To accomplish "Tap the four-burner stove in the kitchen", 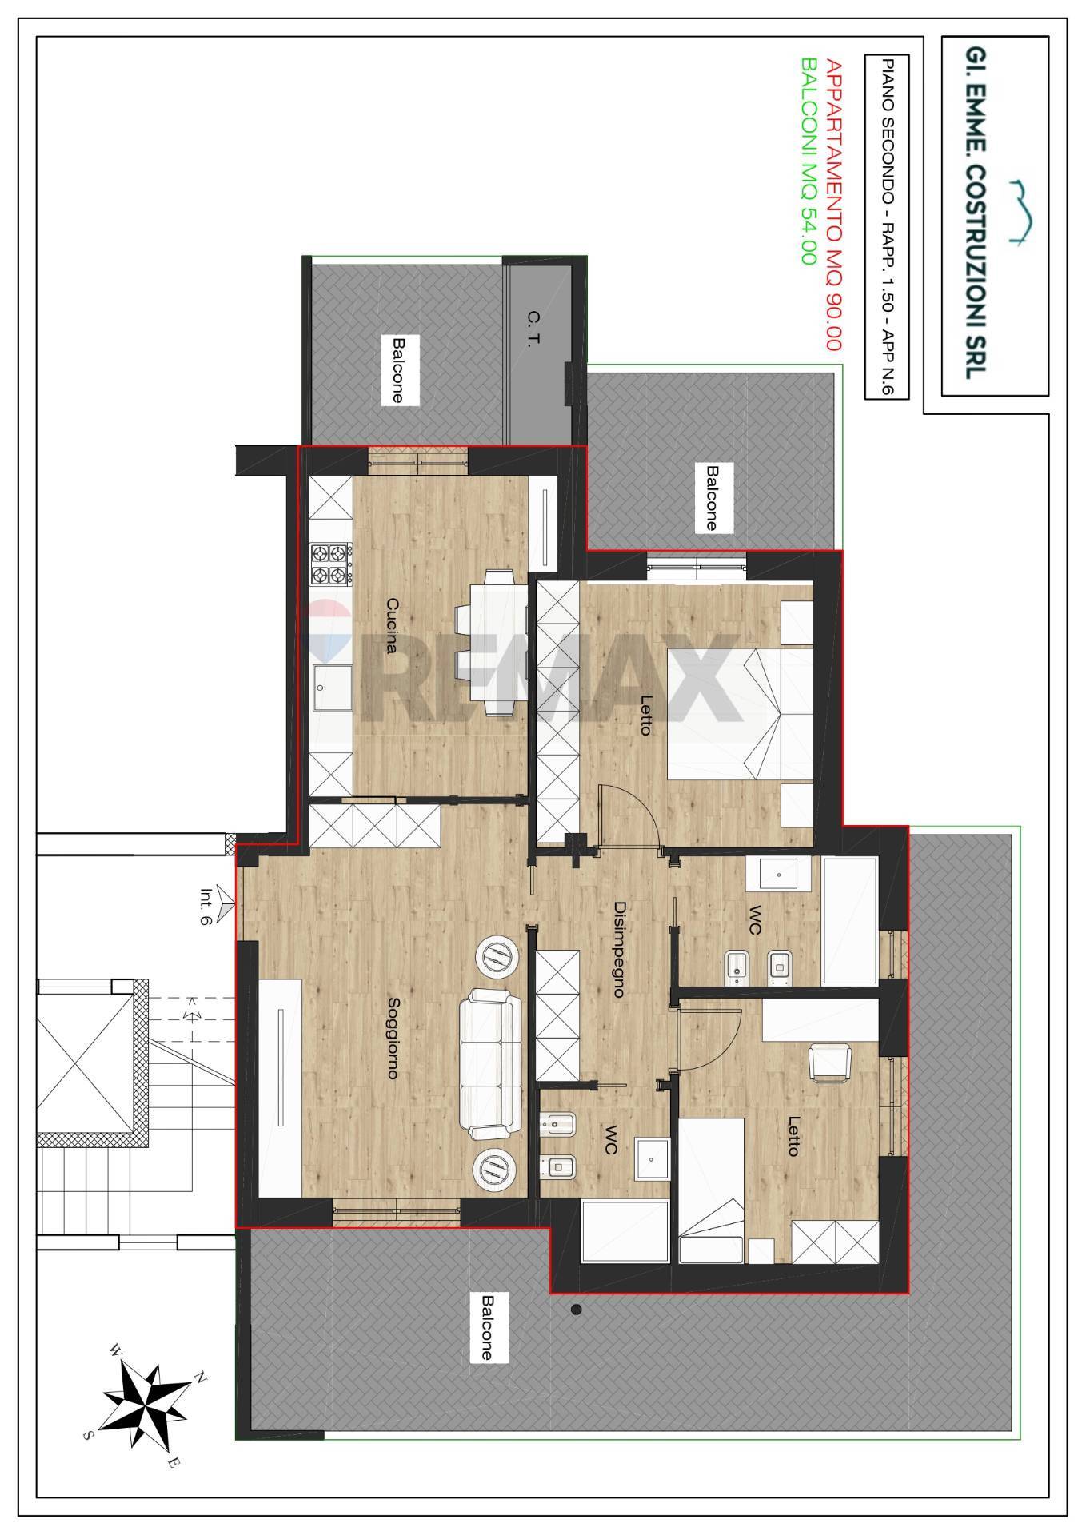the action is (332, 564).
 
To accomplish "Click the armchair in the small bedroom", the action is (832, 1063).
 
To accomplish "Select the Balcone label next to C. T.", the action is (397, 369).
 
